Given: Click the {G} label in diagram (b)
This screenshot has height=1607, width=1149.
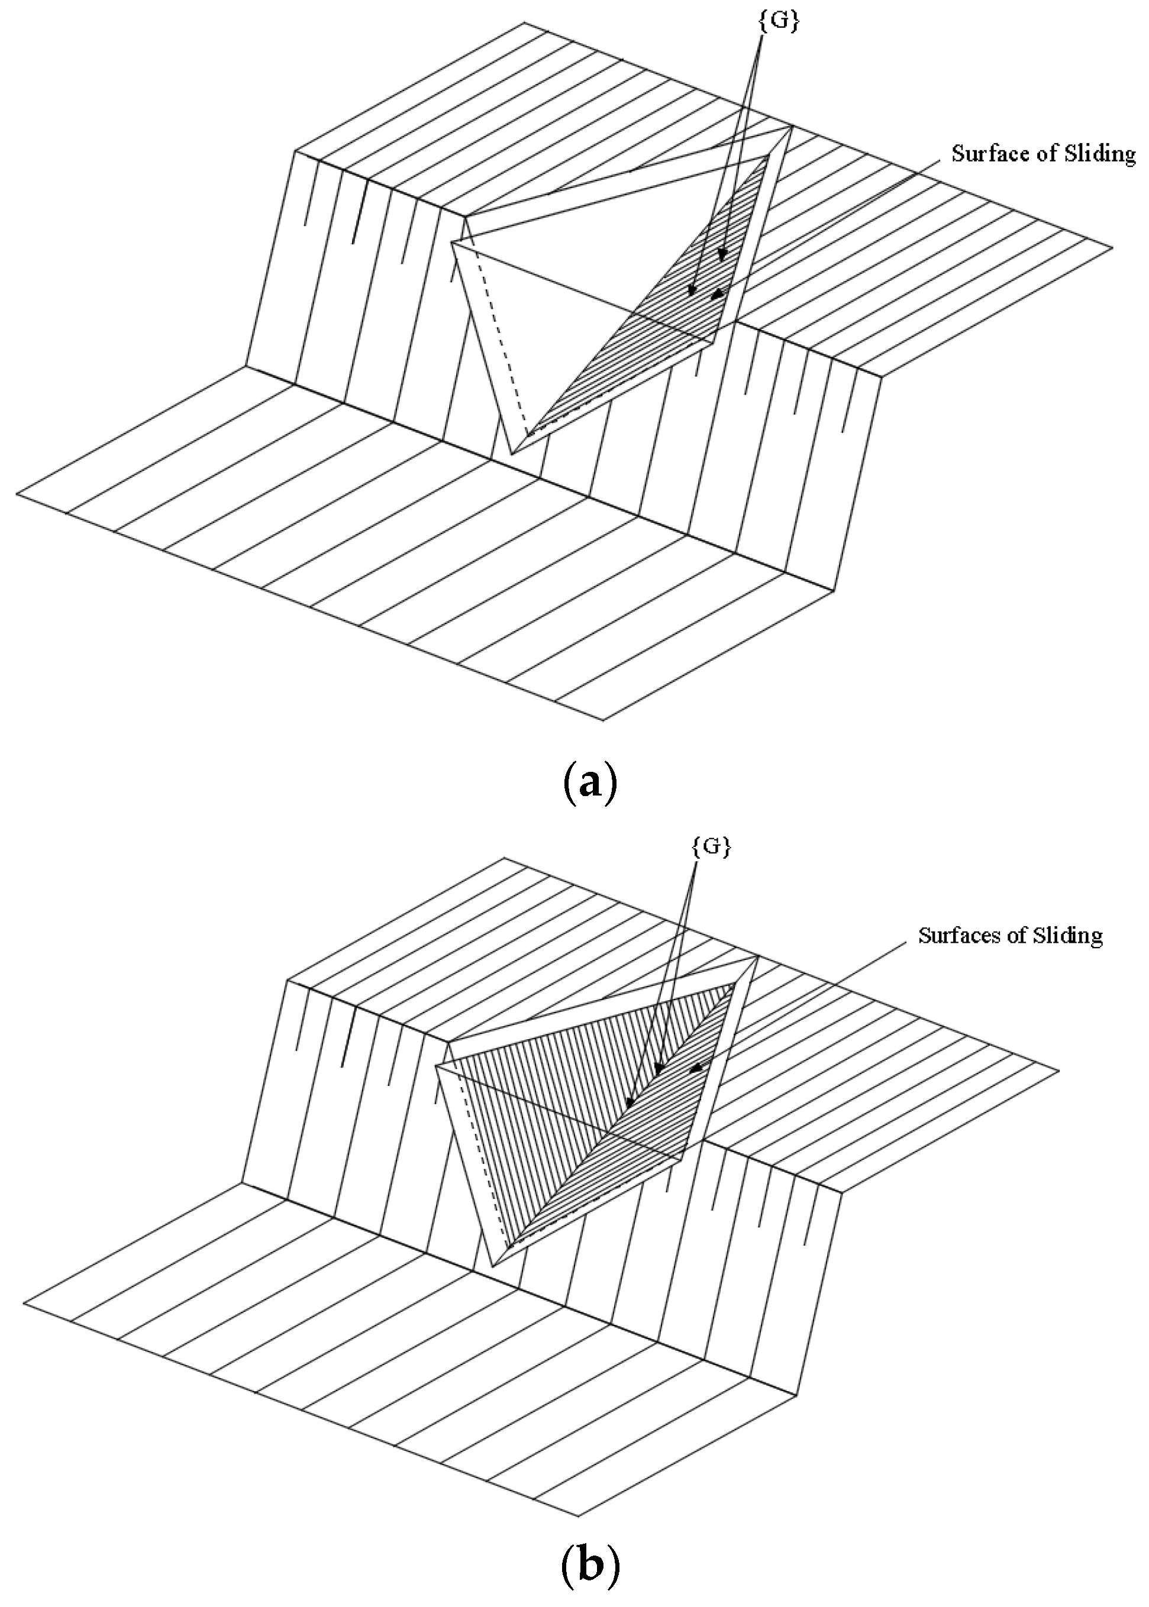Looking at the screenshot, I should pos(709,848).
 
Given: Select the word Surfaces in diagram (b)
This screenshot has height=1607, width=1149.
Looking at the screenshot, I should pos(955,935).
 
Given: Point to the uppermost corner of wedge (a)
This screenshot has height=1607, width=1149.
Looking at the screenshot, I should pos(790,127).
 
